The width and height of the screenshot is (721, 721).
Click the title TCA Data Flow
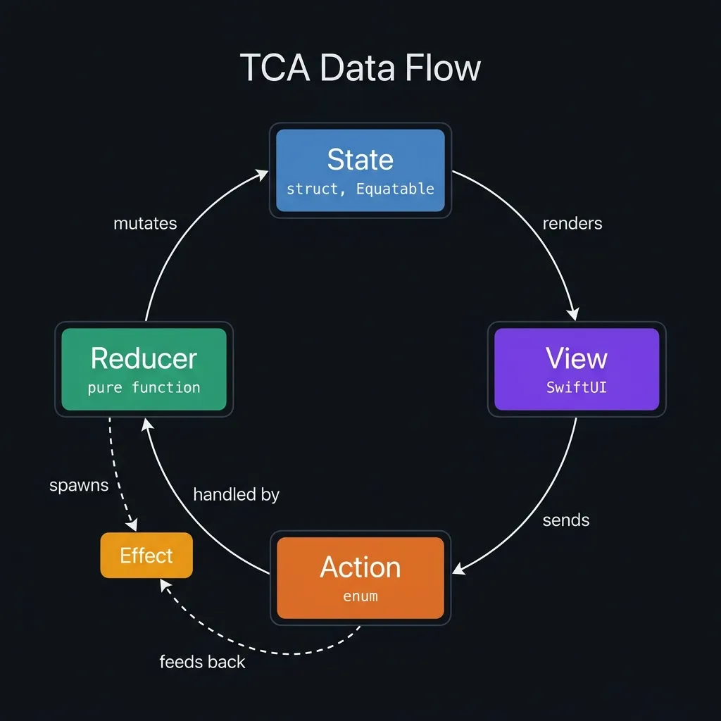pos(360,68)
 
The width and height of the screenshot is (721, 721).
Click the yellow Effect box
pos(146,556)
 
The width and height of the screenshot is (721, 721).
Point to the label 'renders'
pos(572,223)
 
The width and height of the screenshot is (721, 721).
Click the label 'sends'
pos(566,520)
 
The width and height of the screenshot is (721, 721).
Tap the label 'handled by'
pos(236,495)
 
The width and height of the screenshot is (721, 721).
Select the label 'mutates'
pos(145,223)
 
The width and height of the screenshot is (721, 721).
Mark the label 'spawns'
pos(79,486)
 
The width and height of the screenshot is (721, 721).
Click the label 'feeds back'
pos(202,662)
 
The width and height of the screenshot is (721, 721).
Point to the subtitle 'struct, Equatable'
pos(360,189)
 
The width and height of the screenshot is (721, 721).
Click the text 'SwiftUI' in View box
pos(577,387)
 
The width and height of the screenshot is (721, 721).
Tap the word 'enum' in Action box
pos(360,596)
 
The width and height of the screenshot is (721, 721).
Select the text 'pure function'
pos(144,387)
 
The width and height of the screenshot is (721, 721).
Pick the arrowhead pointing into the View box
pos(575,313)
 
